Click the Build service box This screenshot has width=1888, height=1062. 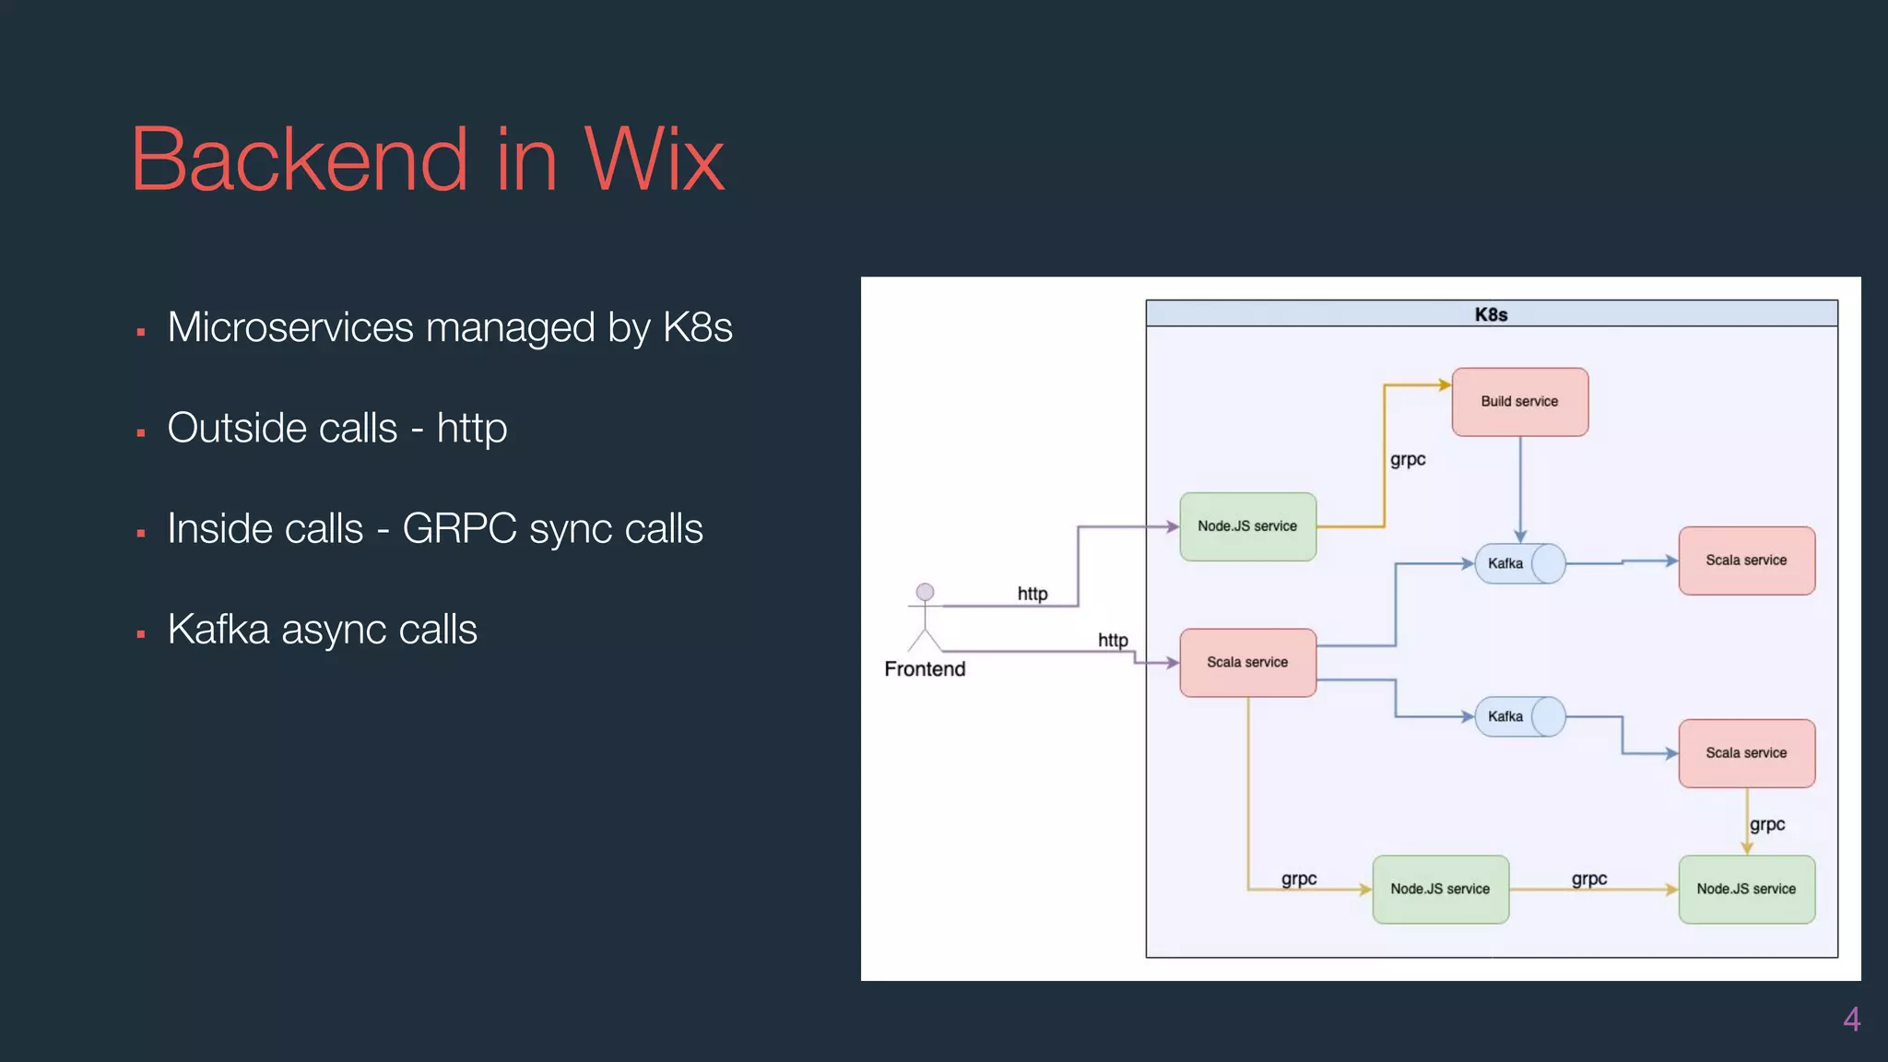1519,402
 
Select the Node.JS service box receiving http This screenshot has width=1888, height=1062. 1247,526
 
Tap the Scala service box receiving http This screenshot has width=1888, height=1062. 1247,663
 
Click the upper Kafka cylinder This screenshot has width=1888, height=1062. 1519,563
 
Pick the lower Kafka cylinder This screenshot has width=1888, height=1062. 1519,716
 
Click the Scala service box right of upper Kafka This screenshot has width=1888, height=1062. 1746,560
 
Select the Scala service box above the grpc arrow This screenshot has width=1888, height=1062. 1746,753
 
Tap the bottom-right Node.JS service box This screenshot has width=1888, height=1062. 1746,890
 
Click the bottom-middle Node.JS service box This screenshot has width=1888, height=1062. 1440,890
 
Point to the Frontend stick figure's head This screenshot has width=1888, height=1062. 925,592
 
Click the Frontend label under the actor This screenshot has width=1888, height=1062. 925,669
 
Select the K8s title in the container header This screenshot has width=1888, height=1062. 1491,314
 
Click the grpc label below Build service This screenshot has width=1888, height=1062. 1408,459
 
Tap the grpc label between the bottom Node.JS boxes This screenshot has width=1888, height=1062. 1589,879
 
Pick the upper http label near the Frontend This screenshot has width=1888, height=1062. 1032,594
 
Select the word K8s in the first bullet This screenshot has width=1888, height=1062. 698,328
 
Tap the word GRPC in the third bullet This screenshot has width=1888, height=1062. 459,529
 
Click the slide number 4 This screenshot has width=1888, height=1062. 1851,1020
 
